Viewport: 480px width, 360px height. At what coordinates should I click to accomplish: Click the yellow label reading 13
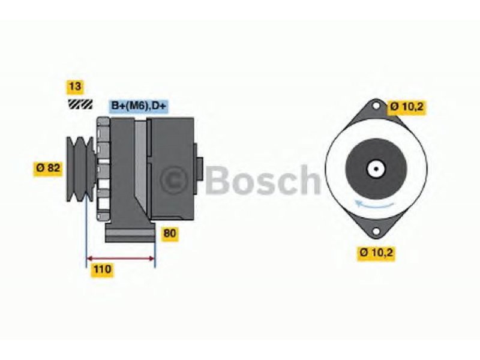coord(75,86)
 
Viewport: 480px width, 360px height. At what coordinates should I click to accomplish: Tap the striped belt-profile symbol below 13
coord(80,104)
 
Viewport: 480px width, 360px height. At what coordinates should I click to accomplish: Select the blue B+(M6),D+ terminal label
coord(139,106)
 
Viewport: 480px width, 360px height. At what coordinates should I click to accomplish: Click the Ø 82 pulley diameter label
coord(48,169)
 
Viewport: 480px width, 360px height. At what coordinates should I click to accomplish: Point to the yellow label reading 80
coord(170,233)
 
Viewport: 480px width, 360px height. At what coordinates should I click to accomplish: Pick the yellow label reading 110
coord(102,269)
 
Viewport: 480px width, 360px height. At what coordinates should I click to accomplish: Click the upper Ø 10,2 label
coord(407,107)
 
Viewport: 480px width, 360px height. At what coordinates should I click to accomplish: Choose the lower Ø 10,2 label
coord(376,253)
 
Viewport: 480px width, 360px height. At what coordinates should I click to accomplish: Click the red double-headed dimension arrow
coord(121,259)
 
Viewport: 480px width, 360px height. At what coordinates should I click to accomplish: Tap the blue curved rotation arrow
coord(373,205)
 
